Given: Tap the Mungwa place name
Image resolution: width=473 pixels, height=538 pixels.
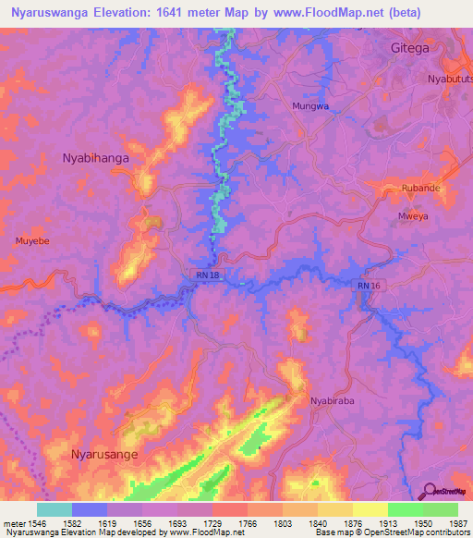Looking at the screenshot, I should click(x=310, y=106).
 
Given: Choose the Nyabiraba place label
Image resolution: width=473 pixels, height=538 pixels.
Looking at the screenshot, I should click(x=334, y=401).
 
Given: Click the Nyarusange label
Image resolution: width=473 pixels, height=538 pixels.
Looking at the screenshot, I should click(x=107, y=454).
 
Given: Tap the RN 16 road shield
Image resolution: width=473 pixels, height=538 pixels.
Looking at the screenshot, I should click(x=368, y=287).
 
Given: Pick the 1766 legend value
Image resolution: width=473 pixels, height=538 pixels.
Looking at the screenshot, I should click(x=248, y=524).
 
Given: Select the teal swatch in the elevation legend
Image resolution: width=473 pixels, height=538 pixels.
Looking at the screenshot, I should click(x=55, y=509).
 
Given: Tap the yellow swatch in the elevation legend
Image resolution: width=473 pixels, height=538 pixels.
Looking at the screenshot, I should click(x=370, y=509).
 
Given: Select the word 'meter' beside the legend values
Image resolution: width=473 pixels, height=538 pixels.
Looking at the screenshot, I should click(x=14, y=524).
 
